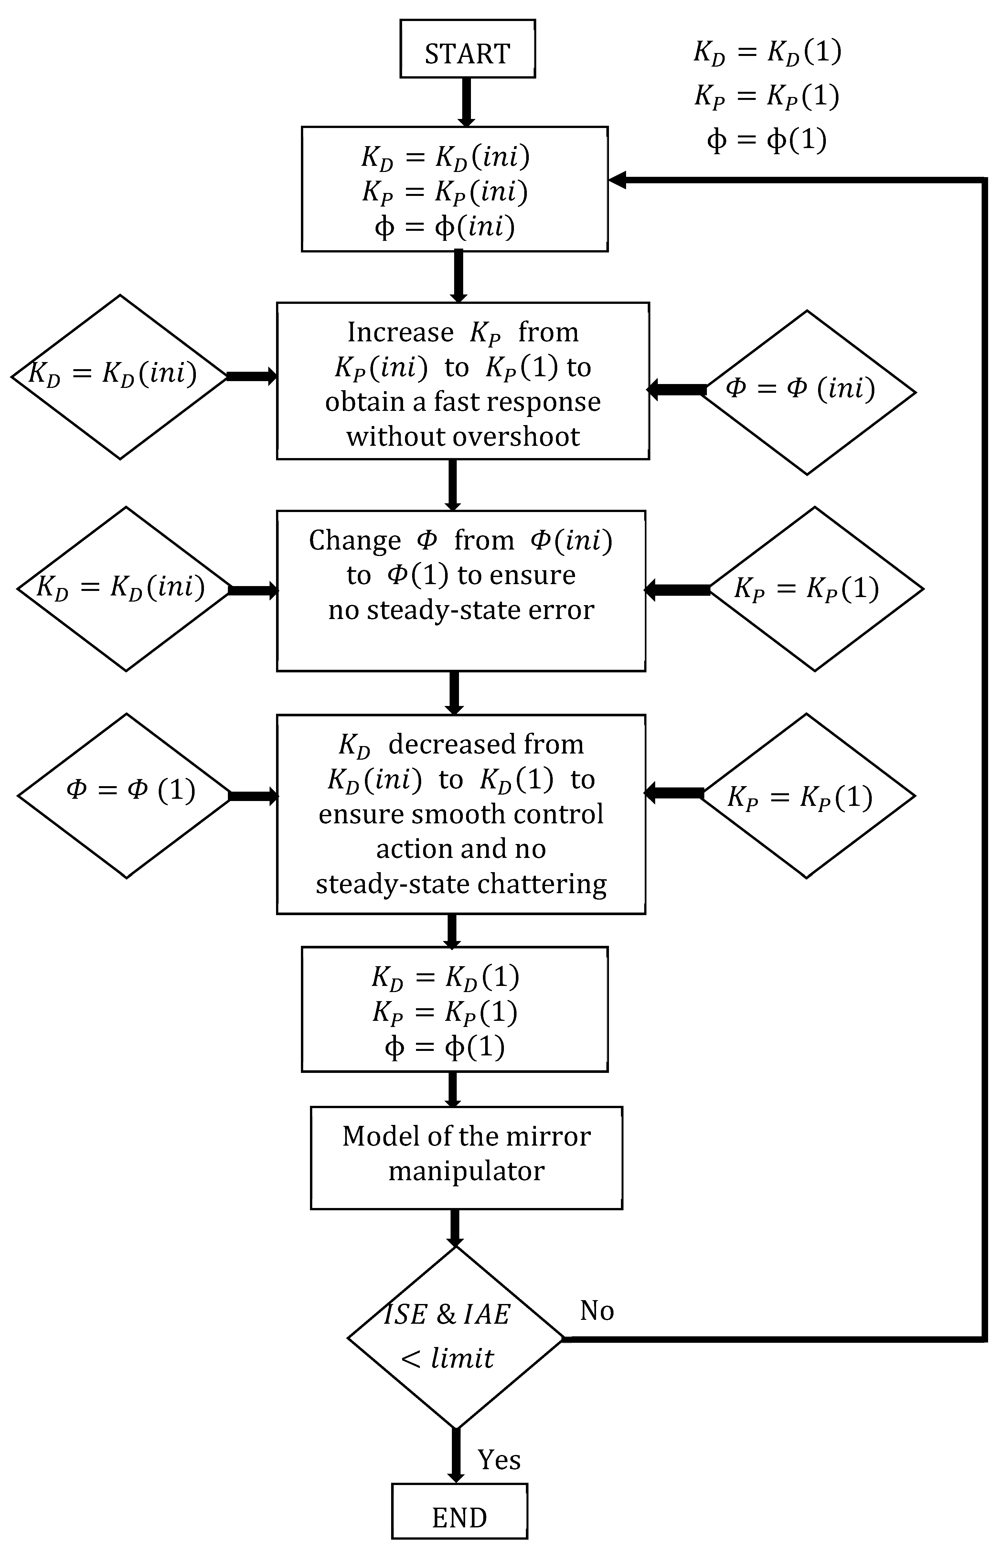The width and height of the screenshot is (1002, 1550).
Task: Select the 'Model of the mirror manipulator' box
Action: pos(466,1158)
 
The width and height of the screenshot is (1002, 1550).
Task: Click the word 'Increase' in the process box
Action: pos(400,333)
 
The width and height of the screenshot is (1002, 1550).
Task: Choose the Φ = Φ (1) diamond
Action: pos(127,796)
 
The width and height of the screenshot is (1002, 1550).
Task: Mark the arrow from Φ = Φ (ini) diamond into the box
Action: pos(677,390)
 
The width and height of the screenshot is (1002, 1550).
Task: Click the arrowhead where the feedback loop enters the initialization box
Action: pos(616,180)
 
